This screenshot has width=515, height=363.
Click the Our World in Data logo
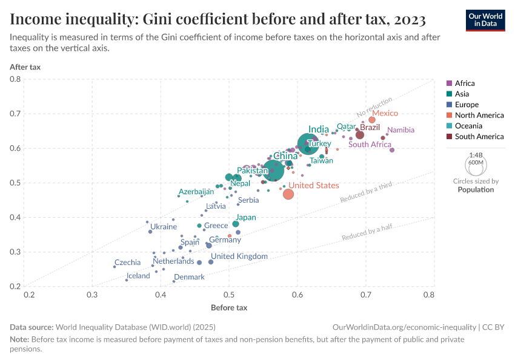point(485,20)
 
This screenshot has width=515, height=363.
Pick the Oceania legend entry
point(469,126)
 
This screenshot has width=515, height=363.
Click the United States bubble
point(288,194)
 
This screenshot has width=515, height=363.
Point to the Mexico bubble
point(372,120)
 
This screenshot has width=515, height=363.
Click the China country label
point(285,156)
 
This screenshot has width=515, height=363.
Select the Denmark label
point(189,277)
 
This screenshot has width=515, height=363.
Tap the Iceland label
point(138,276)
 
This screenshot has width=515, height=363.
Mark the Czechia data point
point(115,266)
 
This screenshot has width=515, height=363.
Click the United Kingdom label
point(239,257)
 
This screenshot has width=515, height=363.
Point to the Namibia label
point(400,130)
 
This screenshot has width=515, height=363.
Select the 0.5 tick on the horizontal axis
point(229,295)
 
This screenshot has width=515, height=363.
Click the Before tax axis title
point(229,307)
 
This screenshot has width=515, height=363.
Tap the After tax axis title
point(25,67)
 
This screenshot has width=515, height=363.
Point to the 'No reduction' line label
point(374,106)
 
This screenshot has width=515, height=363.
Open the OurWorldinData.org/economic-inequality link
point(405,327)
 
